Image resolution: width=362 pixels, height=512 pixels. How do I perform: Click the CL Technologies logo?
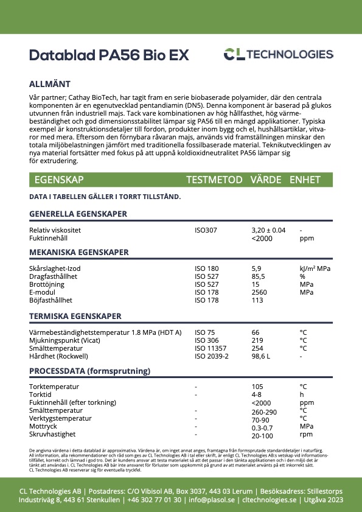pos(278,55)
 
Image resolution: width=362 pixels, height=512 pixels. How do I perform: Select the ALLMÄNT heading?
pos(50,84)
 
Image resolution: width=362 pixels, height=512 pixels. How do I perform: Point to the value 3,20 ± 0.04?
pos(268,231)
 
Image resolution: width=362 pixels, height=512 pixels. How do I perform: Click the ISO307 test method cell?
pos(206,231)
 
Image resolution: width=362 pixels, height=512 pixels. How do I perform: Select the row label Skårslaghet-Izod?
pos(55,268)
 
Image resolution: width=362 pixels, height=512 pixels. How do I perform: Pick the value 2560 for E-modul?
pos(260,292)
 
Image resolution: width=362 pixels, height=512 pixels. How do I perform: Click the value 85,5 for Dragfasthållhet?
pos(258,276)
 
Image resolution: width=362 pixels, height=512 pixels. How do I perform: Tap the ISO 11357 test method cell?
pos(209,348)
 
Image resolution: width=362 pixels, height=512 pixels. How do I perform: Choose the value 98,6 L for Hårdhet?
pos(262,356)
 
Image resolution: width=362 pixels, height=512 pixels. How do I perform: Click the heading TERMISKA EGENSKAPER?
pos(75,317)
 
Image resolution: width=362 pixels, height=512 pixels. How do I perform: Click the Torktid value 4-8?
pos(257,395)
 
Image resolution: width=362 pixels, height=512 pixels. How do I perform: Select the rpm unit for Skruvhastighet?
pos(306,435)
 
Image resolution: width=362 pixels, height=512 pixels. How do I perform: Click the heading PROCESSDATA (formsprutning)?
pos(89,371)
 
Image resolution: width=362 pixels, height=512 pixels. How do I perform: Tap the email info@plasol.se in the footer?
pos(212,500)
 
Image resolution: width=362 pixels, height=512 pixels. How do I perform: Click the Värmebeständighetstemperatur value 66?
pos(256,332)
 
